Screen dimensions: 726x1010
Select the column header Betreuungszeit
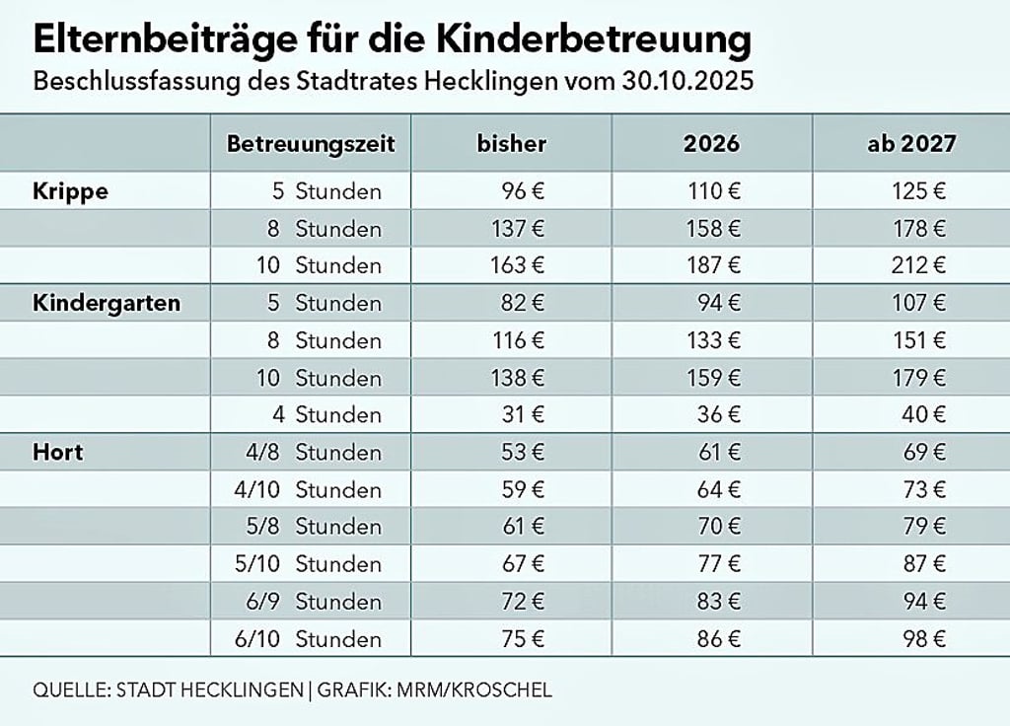click(311, 144)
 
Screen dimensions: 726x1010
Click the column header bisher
click(511, 144)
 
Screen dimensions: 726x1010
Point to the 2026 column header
click(711, 144)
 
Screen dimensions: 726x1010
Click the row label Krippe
click(70, 191)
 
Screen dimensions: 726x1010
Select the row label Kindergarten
click(107, 303)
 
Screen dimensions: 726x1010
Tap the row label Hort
click(58, 453)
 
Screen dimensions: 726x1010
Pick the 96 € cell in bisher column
click(522, 191)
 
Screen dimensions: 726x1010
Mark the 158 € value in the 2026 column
click(713, 229)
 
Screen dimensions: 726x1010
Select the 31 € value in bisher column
click(522, 415)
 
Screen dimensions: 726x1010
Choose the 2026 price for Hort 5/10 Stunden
click(718, 564)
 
